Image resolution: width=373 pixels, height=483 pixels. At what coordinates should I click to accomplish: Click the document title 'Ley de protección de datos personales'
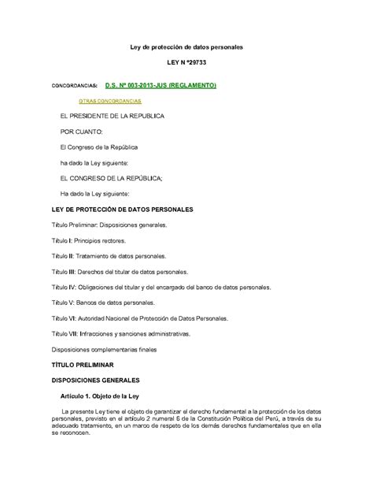(x=186, y=47)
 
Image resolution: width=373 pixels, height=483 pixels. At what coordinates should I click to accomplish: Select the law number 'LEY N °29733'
(x=186, y=68)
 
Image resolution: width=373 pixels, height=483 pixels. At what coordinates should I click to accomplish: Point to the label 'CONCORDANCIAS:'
(x=75, y=85)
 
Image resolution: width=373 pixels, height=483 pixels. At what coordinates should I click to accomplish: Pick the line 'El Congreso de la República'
(x=99, y=147)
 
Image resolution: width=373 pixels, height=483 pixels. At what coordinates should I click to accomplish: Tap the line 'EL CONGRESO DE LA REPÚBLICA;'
(x=106, y=178)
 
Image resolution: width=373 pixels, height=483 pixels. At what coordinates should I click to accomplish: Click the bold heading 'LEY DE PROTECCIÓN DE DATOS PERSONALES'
(x=122, y=210)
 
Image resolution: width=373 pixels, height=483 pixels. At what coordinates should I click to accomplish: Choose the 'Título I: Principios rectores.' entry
(x=89, y=240)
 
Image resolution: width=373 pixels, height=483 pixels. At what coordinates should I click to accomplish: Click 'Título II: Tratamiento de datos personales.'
(x=109, y=256)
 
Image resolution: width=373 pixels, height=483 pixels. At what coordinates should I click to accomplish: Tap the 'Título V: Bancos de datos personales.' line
(x=103, y=303)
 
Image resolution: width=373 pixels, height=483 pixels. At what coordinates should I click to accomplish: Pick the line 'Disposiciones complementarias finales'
(x=105, y=349)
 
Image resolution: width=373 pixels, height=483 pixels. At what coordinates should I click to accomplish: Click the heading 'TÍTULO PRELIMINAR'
(x=83, y=365)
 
